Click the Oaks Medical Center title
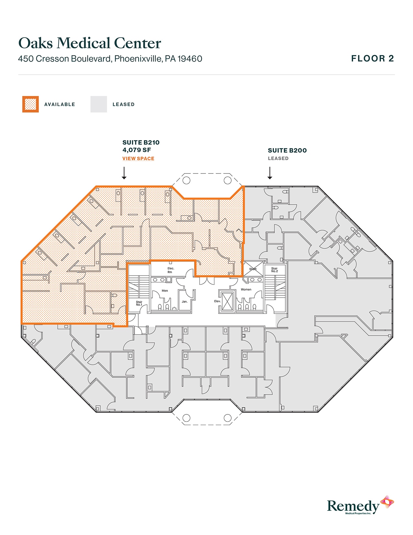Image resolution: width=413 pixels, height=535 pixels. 90,43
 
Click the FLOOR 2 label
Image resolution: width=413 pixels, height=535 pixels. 373,59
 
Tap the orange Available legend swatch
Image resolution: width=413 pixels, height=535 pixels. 30,104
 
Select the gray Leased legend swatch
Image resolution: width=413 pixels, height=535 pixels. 98,104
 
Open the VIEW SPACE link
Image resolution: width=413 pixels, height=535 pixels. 138,159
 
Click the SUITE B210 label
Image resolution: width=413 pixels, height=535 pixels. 141,142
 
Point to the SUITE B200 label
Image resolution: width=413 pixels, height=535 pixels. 287,150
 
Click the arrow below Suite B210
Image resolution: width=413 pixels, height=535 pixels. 124,173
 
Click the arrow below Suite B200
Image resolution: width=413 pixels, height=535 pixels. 270,173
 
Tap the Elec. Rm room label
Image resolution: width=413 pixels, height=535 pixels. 171,270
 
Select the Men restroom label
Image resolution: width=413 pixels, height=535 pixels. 165,291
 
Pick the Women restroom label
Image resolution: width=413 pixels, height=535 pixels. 246,290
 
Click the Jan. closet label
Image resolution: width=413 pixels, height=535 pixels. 185,302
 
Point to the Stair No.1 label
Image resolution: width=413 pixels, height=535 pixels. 139,303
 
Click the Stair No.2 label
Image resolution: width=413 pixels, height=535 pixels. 274,270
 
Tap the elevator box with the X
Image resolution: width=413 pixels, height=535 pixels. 227,302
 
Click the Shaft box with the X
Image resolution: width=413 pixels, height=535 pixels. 253,269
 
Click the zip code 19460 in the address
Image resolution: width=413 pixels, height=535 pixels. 190,59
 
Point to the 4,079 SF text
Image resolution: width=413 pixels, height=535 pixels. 137,150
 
